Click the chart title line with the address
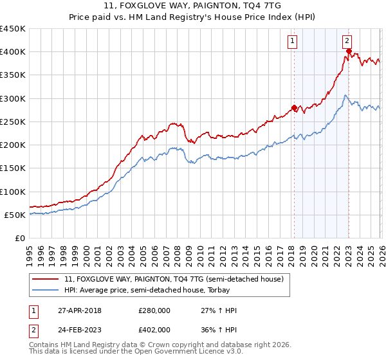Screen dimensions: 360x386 [x=193, y=7]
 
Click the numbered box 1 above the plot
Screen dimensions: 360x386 [x=293, y=42]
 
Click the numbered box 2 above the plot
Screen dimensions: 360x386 [x=347, y=42]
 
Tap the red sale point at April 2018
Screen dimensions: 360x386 [x=294, y=107]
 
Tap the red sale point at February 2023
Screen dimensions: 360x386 [x=349, y=51]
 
